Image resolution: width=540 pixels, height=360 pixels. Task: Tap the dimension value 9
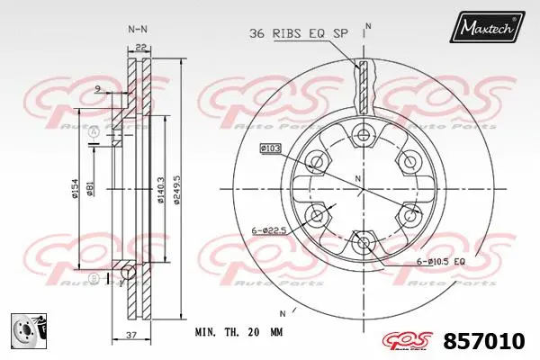[96, 87]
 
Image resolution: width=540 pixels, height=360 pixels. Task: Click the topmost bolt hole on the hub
[363, 135]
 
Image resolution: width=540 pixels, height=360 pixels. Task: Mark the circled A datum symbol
[94, 133]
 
